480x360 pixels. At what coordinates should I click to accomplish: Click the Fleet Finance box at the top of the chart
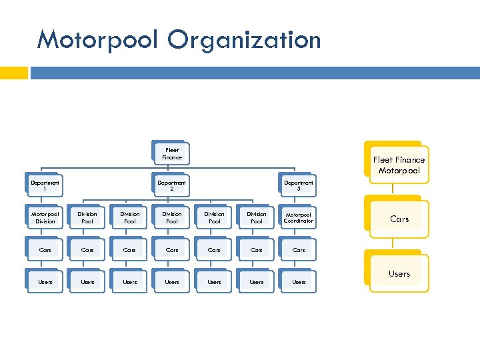coord(171,154)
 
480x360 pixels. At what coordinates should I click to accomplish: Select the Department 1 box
coord(45,186)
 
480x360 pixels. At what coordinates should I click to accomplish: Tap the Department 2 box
coord(171,186)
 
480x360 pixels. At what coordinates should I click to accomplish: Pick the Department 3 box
coord(298,186)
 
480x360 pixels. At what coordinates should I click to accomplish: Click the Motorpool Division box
coord(45,218)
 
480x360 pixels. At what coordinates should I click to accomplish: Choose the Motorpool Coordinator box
coord(298,218)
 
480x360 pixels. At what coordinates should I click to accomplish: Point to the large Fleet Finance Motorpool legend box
coord(399,165)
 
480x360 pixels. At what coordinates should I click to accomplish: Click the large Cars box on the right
coord(399,219)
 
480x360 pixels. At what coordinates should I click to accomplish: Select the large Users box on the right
coord(399,273)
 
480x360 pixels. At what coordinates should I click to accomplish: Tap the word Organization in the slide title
coord(244,40)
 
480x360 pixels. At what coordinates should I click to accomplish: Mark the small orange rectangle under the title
coord(13,73)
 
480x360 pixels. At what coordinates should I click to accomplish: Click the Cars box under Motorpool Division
coord(45,250)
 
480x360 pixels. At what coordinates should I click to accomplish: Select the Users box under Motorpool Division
coord(45,282)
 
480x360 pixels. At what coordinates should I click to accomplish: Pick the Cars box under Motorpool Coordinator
coord(298,250)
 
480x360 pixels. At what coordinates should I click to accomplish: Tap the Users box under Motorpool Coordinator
coord(298,282)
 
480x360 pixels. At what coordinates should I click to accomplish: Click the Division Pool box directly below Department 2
coord(171,218)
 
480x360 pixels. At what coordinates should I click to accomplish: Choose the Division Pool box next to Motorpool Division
coord(87,218)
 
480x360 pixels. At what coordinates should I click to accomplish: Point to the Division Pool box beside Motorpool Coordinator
coord(256,218)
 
